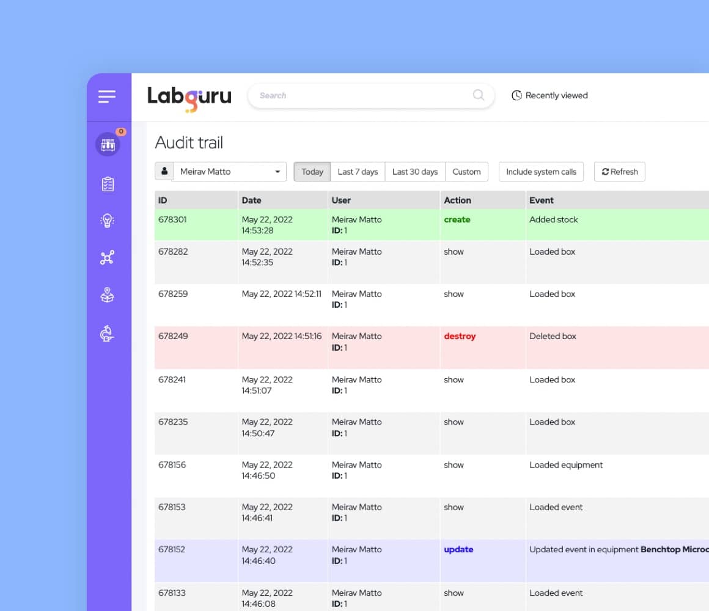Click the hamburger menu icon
tap(107, 97)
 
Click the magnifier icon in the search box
tap(479, 95)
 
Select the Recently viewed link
tap(549, 95)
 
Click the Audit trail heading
tap(189, 143)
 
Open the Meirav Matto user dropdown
tap(229, 172)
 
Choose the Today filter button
tap(312, 172)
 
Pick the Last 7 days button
tap(358, 172)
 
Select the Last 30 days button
tap(415, 172)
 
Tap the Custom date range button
tap(466, 172)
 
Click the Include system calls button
tap(541, 172)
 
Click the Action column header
tap(457, 200)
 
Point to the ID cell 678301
tap(172, 220)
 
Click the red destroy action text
tap(460, 337)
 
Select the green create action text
tap(457, 220)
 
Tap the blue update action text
tap(458, 550)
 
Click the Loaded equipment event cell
tap(566, 465)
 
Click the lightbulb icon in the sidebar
tap(108, 221)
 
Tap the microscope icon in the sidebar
tap(108, 334)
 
